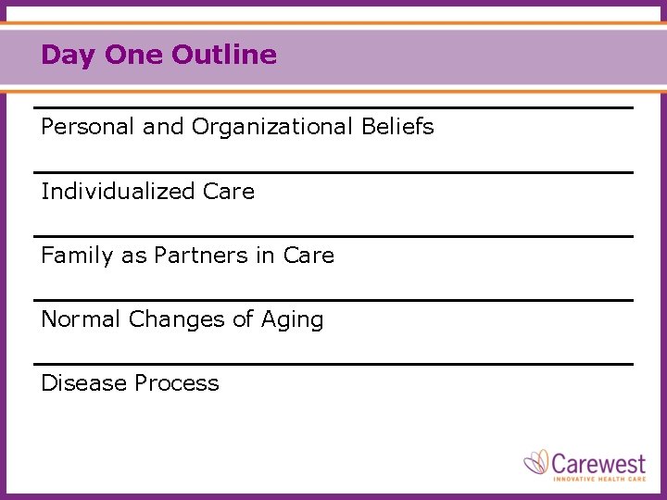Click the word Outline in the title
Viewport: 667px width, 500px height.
pos(224,55)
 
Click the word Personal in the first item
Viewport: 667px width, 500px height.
pos(88,127)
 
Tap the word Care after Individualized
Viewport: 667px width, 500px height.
pos(229,192)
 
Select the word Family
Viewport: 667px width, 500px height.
pos(78,256)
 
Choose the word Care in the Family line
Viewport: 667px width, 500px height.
pos(308,256)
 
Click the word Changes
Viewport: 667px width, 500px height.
pos(177,319)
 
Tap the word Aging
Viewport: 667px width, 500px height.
pos(292,320)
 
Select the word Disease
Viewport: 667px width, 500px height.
pos(83,383)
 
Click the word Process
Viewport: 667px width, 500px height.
pos(176,383)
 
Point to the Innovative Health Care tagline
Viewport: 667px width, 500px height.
pos(598,478)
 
